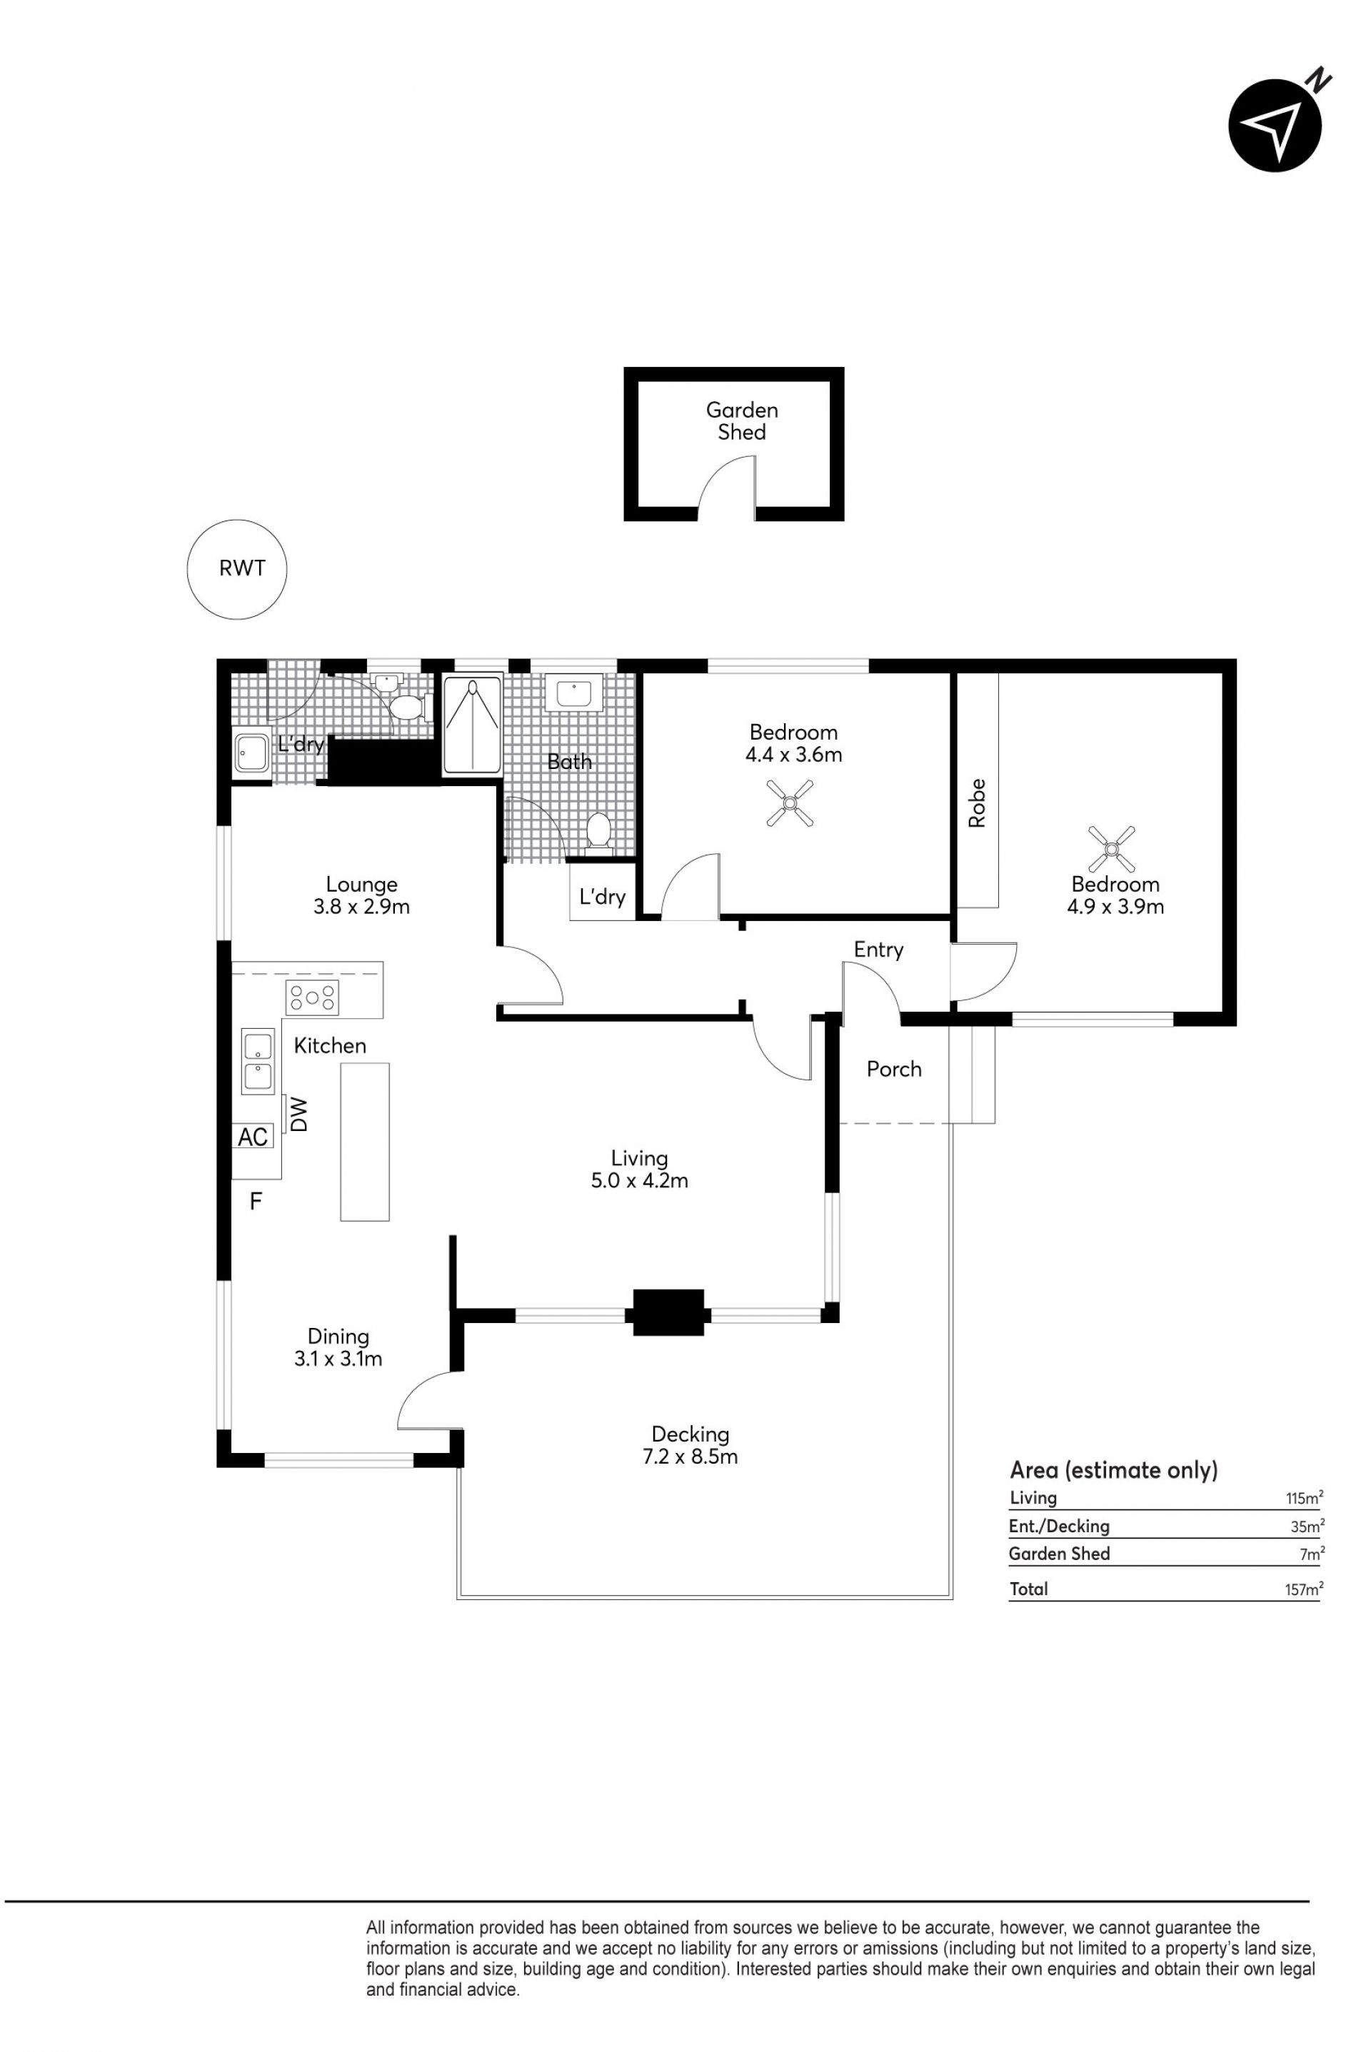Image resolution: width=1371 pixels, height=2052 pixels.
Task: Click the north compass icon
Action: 1275,125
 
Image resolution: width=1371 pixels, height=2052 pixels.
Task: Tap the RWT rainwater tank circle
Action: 238,570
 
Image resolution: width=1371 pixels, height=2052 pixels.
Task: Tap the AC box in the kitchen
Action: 253,1137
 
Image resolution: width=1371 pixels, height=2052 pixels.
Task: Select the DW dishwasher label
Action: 300,1115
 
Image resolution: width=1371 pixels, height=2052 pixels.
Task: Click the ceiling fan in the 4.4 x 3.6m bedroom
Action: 790,803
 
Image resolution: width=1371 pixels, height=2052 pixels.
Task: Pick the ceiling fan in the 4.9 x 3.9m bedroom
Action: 1111,849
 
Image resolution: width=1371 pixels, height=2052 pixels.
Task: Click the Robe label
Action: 977,803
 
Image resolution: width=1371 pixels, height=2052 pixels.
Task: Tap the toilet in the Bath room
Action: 599,830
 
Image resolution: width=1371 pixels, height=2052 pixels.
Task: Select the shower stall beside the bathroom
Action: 473,723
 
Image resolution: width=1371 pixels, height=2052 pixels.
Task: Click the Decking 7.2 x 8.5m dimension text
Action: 690,1457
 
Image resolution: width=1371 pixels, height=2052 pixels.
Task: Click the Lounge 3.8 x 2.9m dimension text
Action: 362,907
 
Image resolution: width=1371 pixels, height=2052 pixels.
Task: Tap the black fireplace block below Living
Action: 669,1312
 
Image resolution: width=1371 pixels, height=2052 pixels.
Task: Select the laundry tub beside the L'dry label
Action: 253,753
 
